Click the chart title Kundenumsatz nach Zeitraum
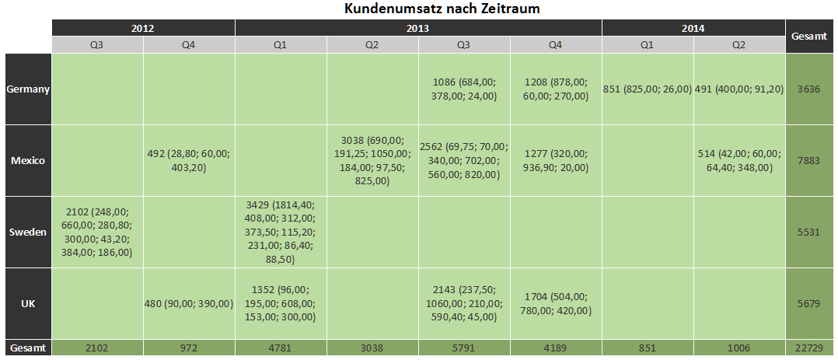[442, 9]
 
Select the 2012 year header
[143, 28]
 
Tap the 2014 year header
[693, 28]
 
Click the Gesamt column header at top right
[808, 36]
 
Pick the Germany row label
[28, 89]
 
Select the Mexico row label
[28, 160]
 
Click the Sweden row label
[28, 232]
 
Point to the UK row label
[28, 304]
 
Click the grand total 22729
[808, 348]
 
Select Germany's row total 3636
[808, 89]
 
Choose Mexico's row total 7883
[808, 160]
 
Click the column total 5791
[463, 348]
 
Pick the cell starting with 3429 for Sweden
[281, 232]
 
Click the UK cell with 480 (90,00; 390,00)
[189, 304]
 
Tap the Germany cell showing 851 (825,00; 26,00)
[647, 89]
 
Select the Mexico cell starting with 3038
[372, 160]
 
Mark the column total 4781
[281, 348]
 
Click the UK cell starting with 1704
[555, 304]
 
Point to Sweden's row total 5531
[808, 232]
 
